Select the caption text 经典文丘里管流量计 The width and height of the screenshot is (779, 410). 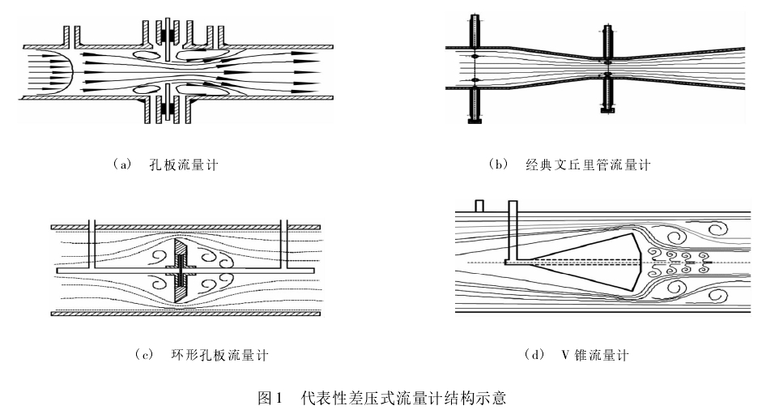click(587, 165)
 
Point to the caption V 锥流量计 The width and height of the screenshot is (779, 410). click(594, 355)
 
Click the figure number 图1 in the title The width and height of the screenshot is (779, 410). click(268, 398)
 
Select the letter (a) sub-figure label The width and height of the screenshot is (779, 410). click(121, 165)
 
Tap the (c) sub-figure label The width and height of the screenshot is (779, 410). click(145, 355)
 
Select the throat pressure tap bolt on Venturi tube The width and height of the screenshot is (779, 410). click(606, 69)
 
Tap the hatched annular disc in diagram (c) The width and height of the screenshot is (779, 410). click(180, 271)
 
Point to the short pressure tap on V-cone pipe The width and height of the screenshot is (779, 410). click(479, 206)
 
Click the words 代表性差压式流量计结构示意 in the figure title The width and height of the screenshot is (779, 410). click(403, 398)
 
